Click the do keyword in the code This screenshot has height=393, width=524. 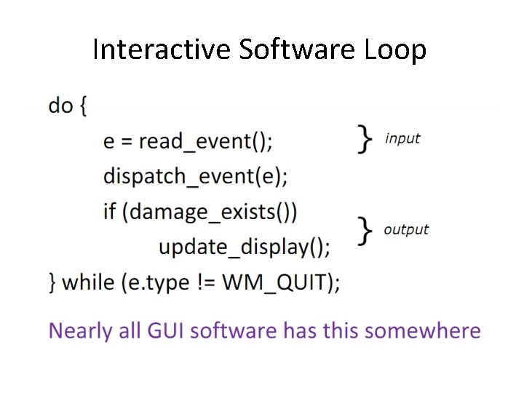[61, 106]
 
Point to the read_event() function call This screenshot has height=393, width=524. [206, 141]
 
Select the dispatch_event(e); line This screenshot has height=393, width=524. [196, 176]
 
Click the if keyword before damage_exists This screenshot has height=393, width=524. [109, 212]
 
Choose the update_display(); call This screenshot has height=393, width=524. [245, 247]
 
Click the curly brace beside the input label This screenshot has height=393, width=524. [365, 138]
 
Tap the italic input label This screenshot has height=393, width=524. [402, 138]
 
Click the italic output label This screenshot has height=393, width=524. [406, 230]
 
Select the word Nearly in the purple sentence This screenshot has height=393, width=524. [76, 331]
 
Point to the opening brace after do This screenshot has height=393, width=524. [82, 106]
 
